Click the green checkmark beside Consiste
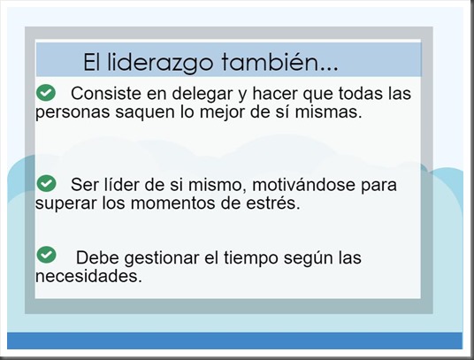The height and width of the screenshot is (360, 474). point(45,92)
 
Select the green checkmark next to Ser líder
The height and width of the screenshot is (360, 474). point(45,183)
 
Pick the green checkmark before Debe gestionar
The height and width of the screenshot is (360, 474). point(45,255)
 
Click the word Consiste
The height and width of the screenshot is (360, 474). point(103,94)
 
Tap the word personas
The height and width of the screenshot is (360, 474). point(71,114)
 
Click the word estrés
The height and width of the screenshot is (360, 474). point(271,204)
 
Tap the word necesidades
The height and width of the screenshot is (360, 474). point(88,276)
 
